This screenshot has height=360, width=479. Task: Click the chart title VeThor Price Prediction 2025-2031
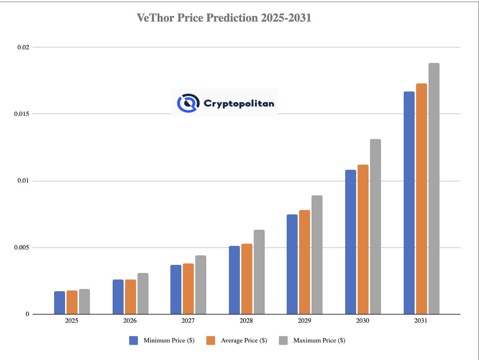click(224, 18)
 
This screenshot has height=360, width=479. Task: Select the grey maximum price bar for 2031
click(434, 188)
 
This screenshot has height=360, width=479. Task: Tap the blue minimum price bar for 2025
click(60, 303)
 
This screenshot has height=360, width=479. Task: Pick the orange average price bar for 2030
click(363, 239)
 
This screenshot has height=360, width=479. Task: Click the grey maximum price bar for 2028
click(259, 272)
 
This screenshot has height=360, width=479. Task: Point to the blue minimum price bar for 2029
click(292, 264)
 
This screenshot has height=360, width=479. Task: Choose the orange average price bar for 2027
click(188, 289)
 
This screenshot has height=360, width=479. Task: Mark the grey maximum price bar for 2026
click(143, 293)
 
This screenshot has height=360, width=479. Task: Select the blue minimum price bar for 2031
click(409, 203)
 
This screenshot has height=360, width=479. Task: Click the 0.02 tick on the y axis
click(23, 47)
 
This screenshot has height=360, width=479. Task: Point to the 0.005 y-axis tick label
click(22, 248)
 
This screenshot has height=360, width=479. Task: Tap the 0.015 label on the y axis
click(22, 114)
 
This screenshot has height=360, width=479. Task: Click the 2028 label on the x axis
click(246, 321)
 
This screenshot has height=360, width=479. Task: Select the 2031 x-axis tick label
click(421, 321)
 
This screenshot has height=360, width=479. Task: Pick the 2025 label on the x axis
click(72, 321)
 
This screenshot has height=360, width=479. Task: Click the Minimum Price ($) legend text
click(169, 341)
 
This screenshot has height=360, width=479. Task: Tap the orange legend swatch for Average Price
click(211, 341)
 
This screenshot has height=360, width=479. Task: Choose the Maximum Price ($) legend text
click(319, 341)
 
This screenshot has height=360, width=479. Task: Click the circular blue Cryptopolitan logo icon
click(188, 103)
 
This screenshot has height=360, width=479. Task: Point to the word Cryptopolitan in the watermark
click(239, 104)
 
